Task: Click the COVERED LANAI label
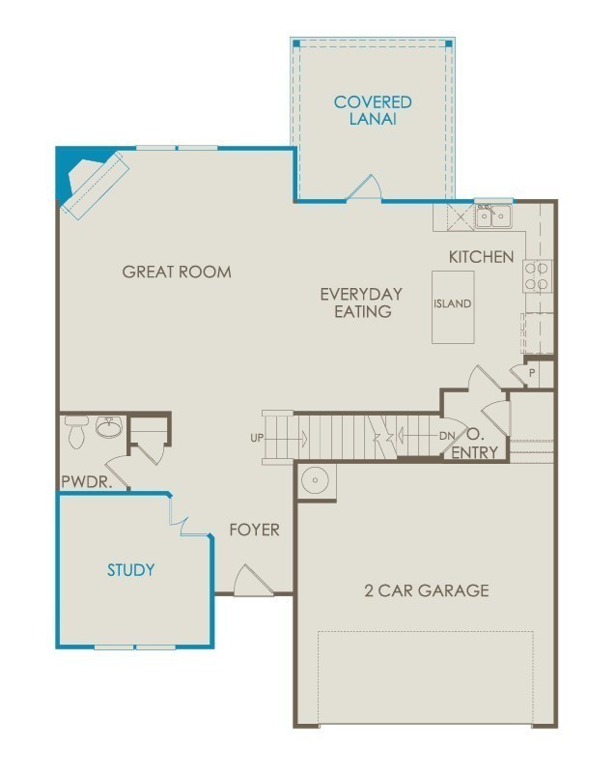coord(373,110)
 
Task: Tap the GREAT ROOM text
coord(177,272)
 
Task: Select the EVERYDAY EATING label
coord(361,302)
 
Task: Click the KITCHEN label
coord(481,256)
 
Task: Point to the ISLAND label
coord(453,303)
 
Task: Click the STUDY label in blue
coord(131,569)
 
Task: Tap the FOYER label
coord(254,530)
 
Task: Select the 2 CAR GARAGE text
coord(427,589)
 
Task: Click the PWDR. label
coord(87,481)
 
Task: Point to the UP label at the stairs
coord(257,438)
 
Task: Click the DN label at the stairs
coord(447,436)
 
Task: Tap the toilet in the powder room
coord(76,432)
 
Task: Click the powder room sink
coord(109,427)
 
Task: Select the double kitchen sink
coord(493,216)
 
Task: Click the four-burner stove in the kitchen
coord(537,276)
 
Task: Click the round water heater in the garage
coord(315,480)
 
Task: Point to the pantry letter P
coord(532,373)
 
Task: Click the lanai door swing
coord(364,187)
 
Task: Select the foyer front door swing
coord(252,580)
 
